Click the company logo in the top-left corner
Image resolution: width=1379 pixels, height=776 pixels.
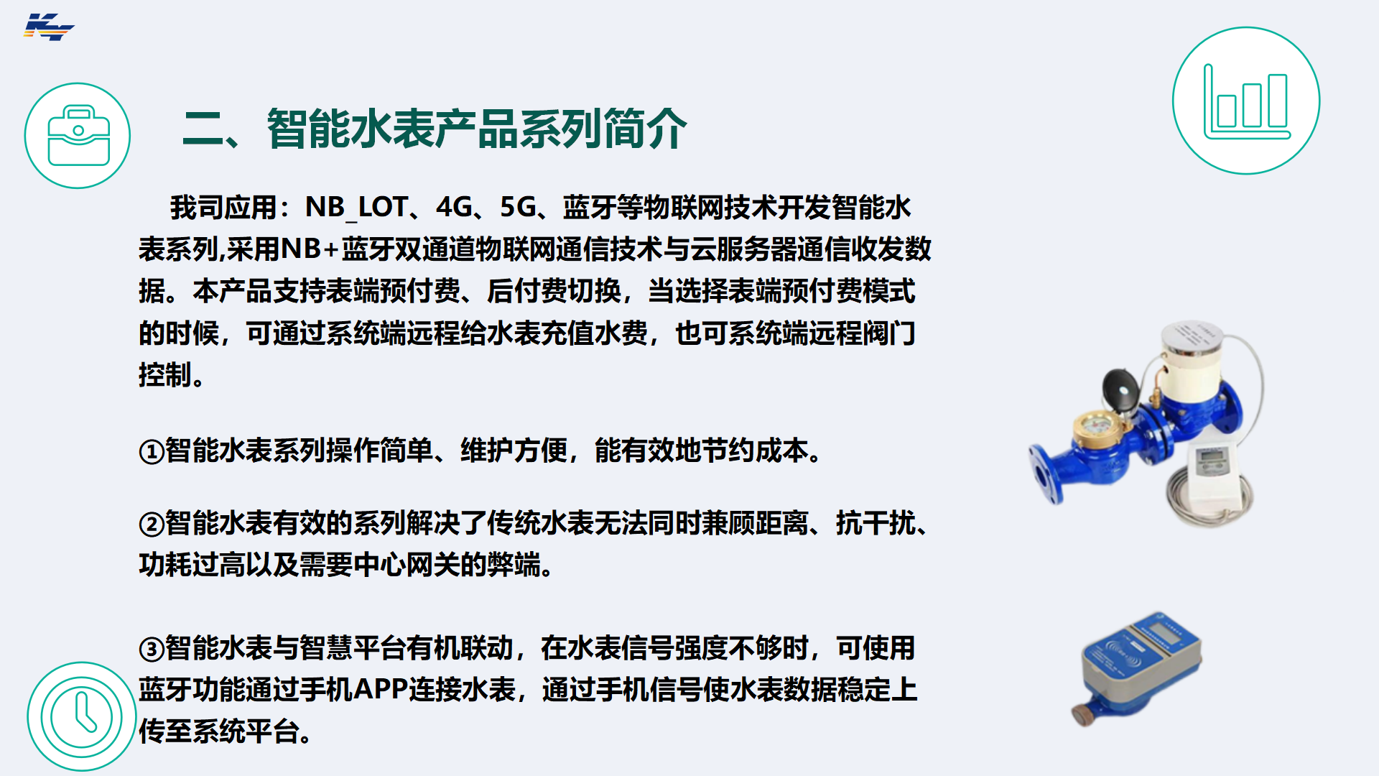tap(49, 27)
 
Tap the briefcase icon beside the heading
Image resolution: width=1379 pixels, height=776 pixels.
tap(78, 136)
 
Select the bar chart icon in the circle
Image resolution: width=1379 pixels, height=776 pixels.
tap(1246, 101)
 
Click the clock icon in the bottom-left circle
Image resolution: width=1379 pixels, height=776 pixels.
tap(81, 716)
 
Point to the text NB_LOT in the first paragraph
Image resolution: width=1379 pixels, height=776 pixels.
tap(357, 208)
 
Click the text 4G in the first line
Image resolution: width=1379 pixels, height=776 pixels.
tap(454, 208)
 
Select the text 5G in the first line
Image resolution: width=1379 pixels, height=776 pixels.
tap(518, 208)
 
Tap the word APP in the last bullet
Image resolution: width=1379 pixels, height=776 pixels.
tap(381, 689)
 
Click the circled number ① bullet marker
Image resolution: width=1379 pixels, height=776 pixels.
tap(152, 452)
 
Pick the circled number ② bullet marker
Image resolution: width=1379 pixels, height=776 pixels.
tap(152, 525)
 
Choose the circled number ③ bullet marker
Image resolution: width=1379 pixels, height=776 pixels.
tap(152, 650)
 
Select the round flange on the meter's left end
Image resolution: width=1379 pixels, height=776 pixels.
tap(1046, 474)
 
